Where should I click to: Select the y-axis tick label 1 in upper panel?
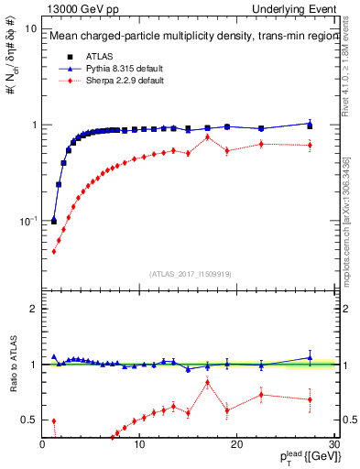pos(34,125)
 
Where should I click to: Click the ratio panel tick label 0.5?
pos(29,420)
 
